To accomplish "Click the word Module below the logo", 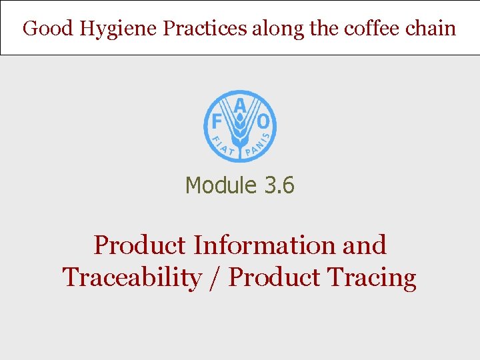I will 221,185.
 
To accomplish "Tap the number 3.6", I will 279,185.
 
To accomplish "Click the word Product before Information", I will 139,245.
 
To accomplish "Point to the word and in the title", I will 364,245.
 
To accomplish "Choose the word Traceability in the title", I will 131,277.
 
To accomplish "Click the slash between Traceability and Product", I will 214,278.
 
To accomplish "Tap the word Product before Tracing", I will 274,277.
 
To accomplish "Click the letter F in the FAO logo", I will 216,122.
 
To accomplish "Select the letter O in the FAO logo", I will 263,122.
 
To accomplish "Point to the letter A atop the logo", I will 240,105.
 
